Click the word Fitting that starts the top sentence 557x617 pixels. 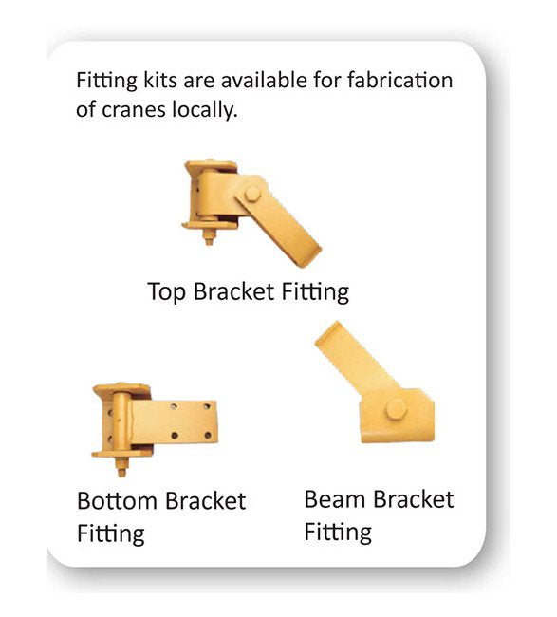click(102, 81)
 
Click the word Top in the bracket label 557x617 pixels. click(168, 291)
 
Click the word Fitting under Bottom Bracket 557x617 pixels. click(111, 533)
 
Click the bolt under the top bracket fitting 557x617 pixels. click(208, 234)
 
